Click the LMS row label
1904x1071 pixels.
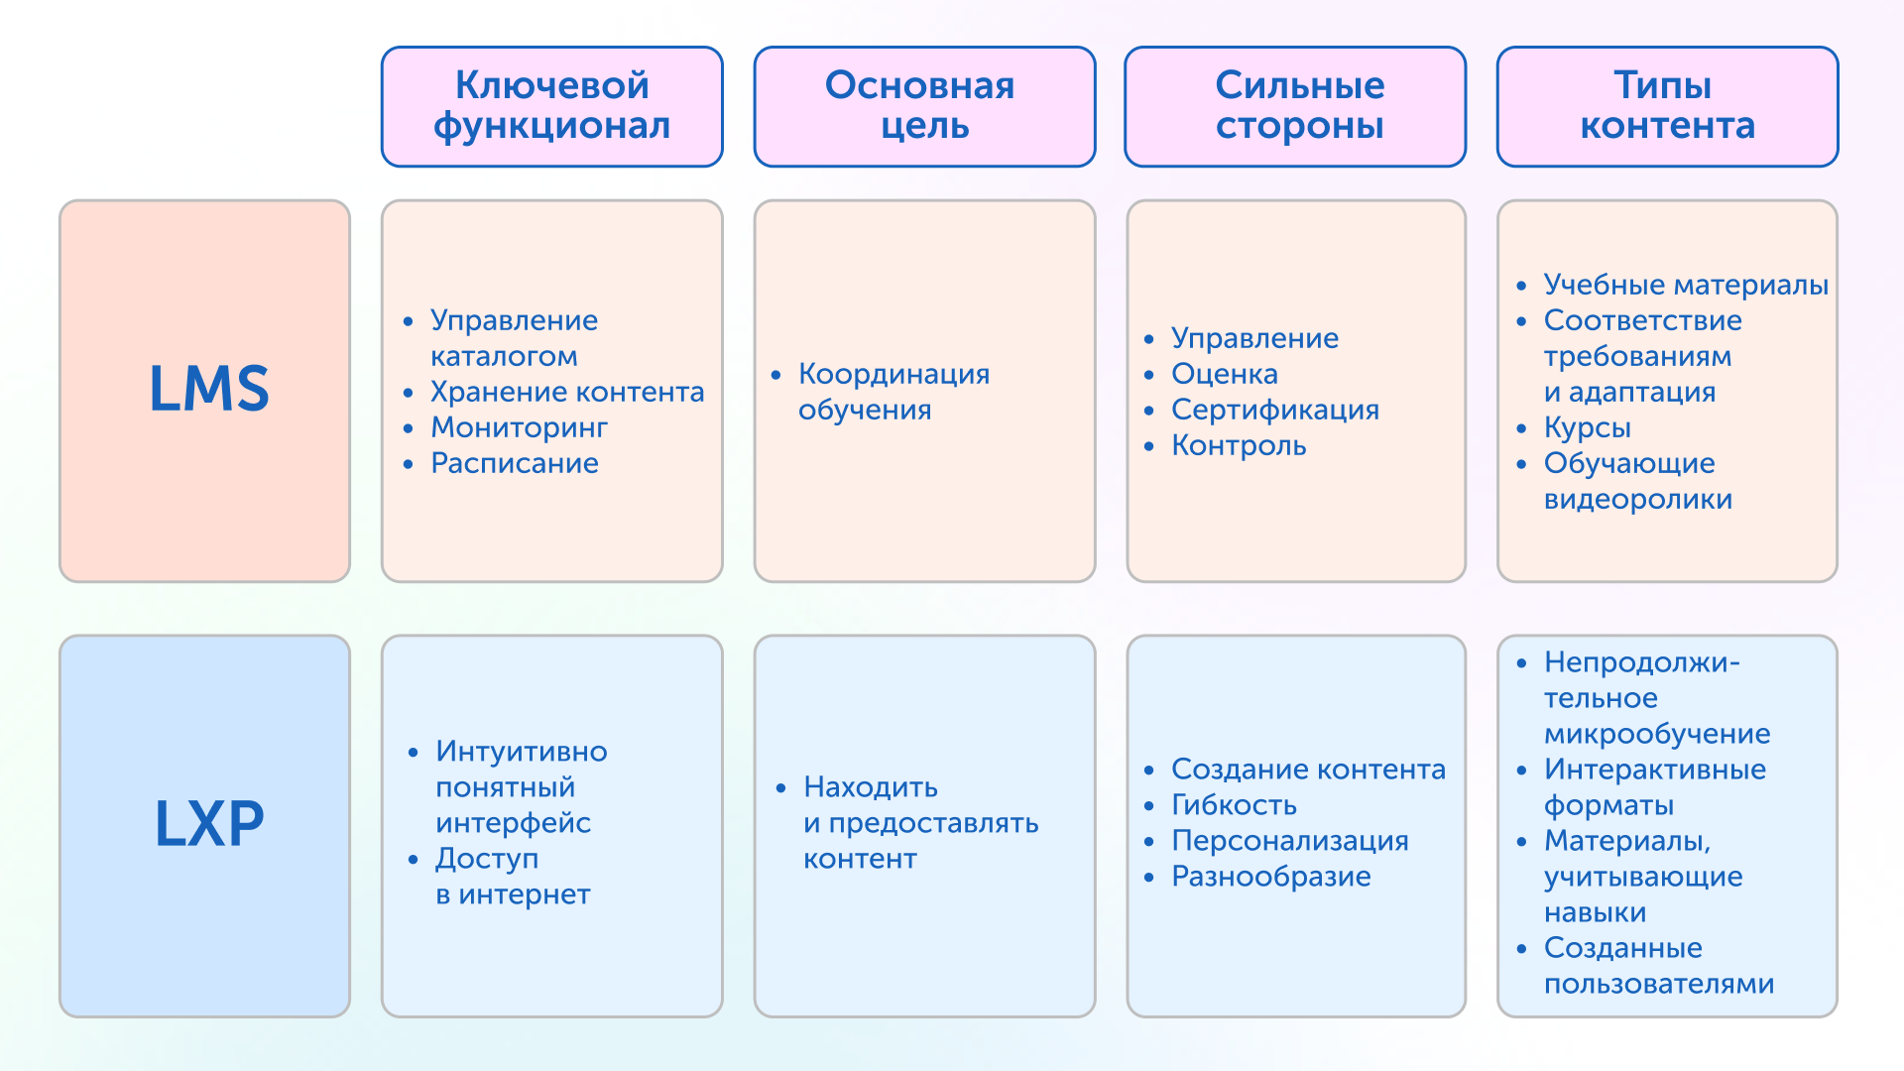pyautogui.click(x=209, y=388)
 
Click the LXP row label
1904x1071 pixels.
pyautogui.click(x=209, y=823)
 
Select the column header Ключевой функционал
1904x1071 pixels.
pyautogui.click(x=552, y=105)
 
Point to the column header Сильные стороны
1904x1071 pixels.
pyautogui.click(x=1300, y=105)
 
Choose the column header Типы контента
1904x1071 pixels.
pyautogui.click(x=1667, y=105)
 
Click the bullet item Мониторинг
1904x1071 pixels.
pyautogui.click(x=519, y=427)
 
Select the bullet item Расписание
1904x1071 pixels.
pyautogui.click(x=515, y=463)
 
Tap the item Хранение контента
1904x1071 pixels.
pyautogui.click(x=567, y=392)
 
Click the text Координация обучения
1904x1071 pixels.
pyautogui.click(x=894, y=392)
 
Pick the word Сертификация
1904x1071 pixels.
pyautogui.click(x=1275, y=410)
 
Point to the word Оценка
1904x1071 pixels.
pyautogui.click(x=1225, y=374)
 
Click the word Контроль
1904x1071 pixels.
pyautogui.click(x=1239, y=445)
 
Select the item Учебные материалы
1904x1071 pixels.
pyautogui.click(x=1686, y=285)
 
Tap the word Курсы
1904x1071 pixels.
pyautogui.click(x=1588, y=427)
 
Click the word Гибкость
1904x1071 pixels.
pyautogui.click(x=1234, y=804)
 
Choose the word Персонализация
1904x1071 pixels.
pyautogui.click(x=1290, y=840)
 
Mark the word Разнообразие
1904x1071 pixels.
pyautogui.click(x=1271, y=876)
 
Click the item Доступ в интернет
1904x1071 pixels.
pyautogui.click(x=513, y=877)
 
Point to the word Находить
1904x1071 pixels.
pyautogui.click(x=871, y=787)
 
